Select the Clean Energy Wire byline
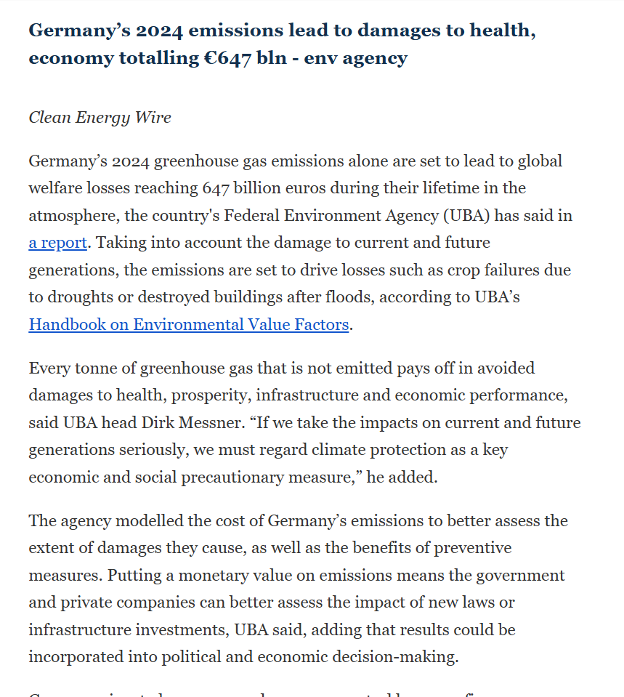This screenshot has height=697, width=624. (x=100, y=117)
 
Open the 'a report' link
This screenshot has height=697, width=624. (x=57, y=243)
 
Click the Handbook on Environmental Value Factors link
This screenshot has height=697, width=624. (x=188, y=324)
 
